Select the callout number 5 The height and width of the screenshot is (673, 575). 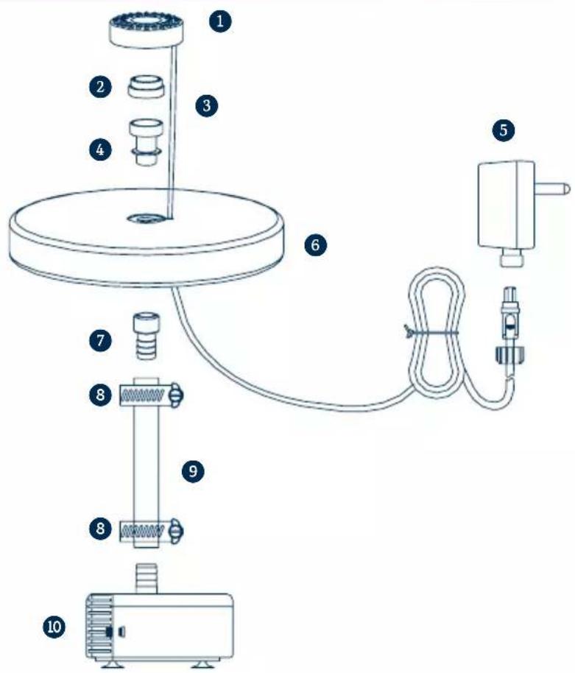tap(504, 130)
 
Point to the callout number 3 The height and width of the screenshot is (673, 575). tap(207, 105)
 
